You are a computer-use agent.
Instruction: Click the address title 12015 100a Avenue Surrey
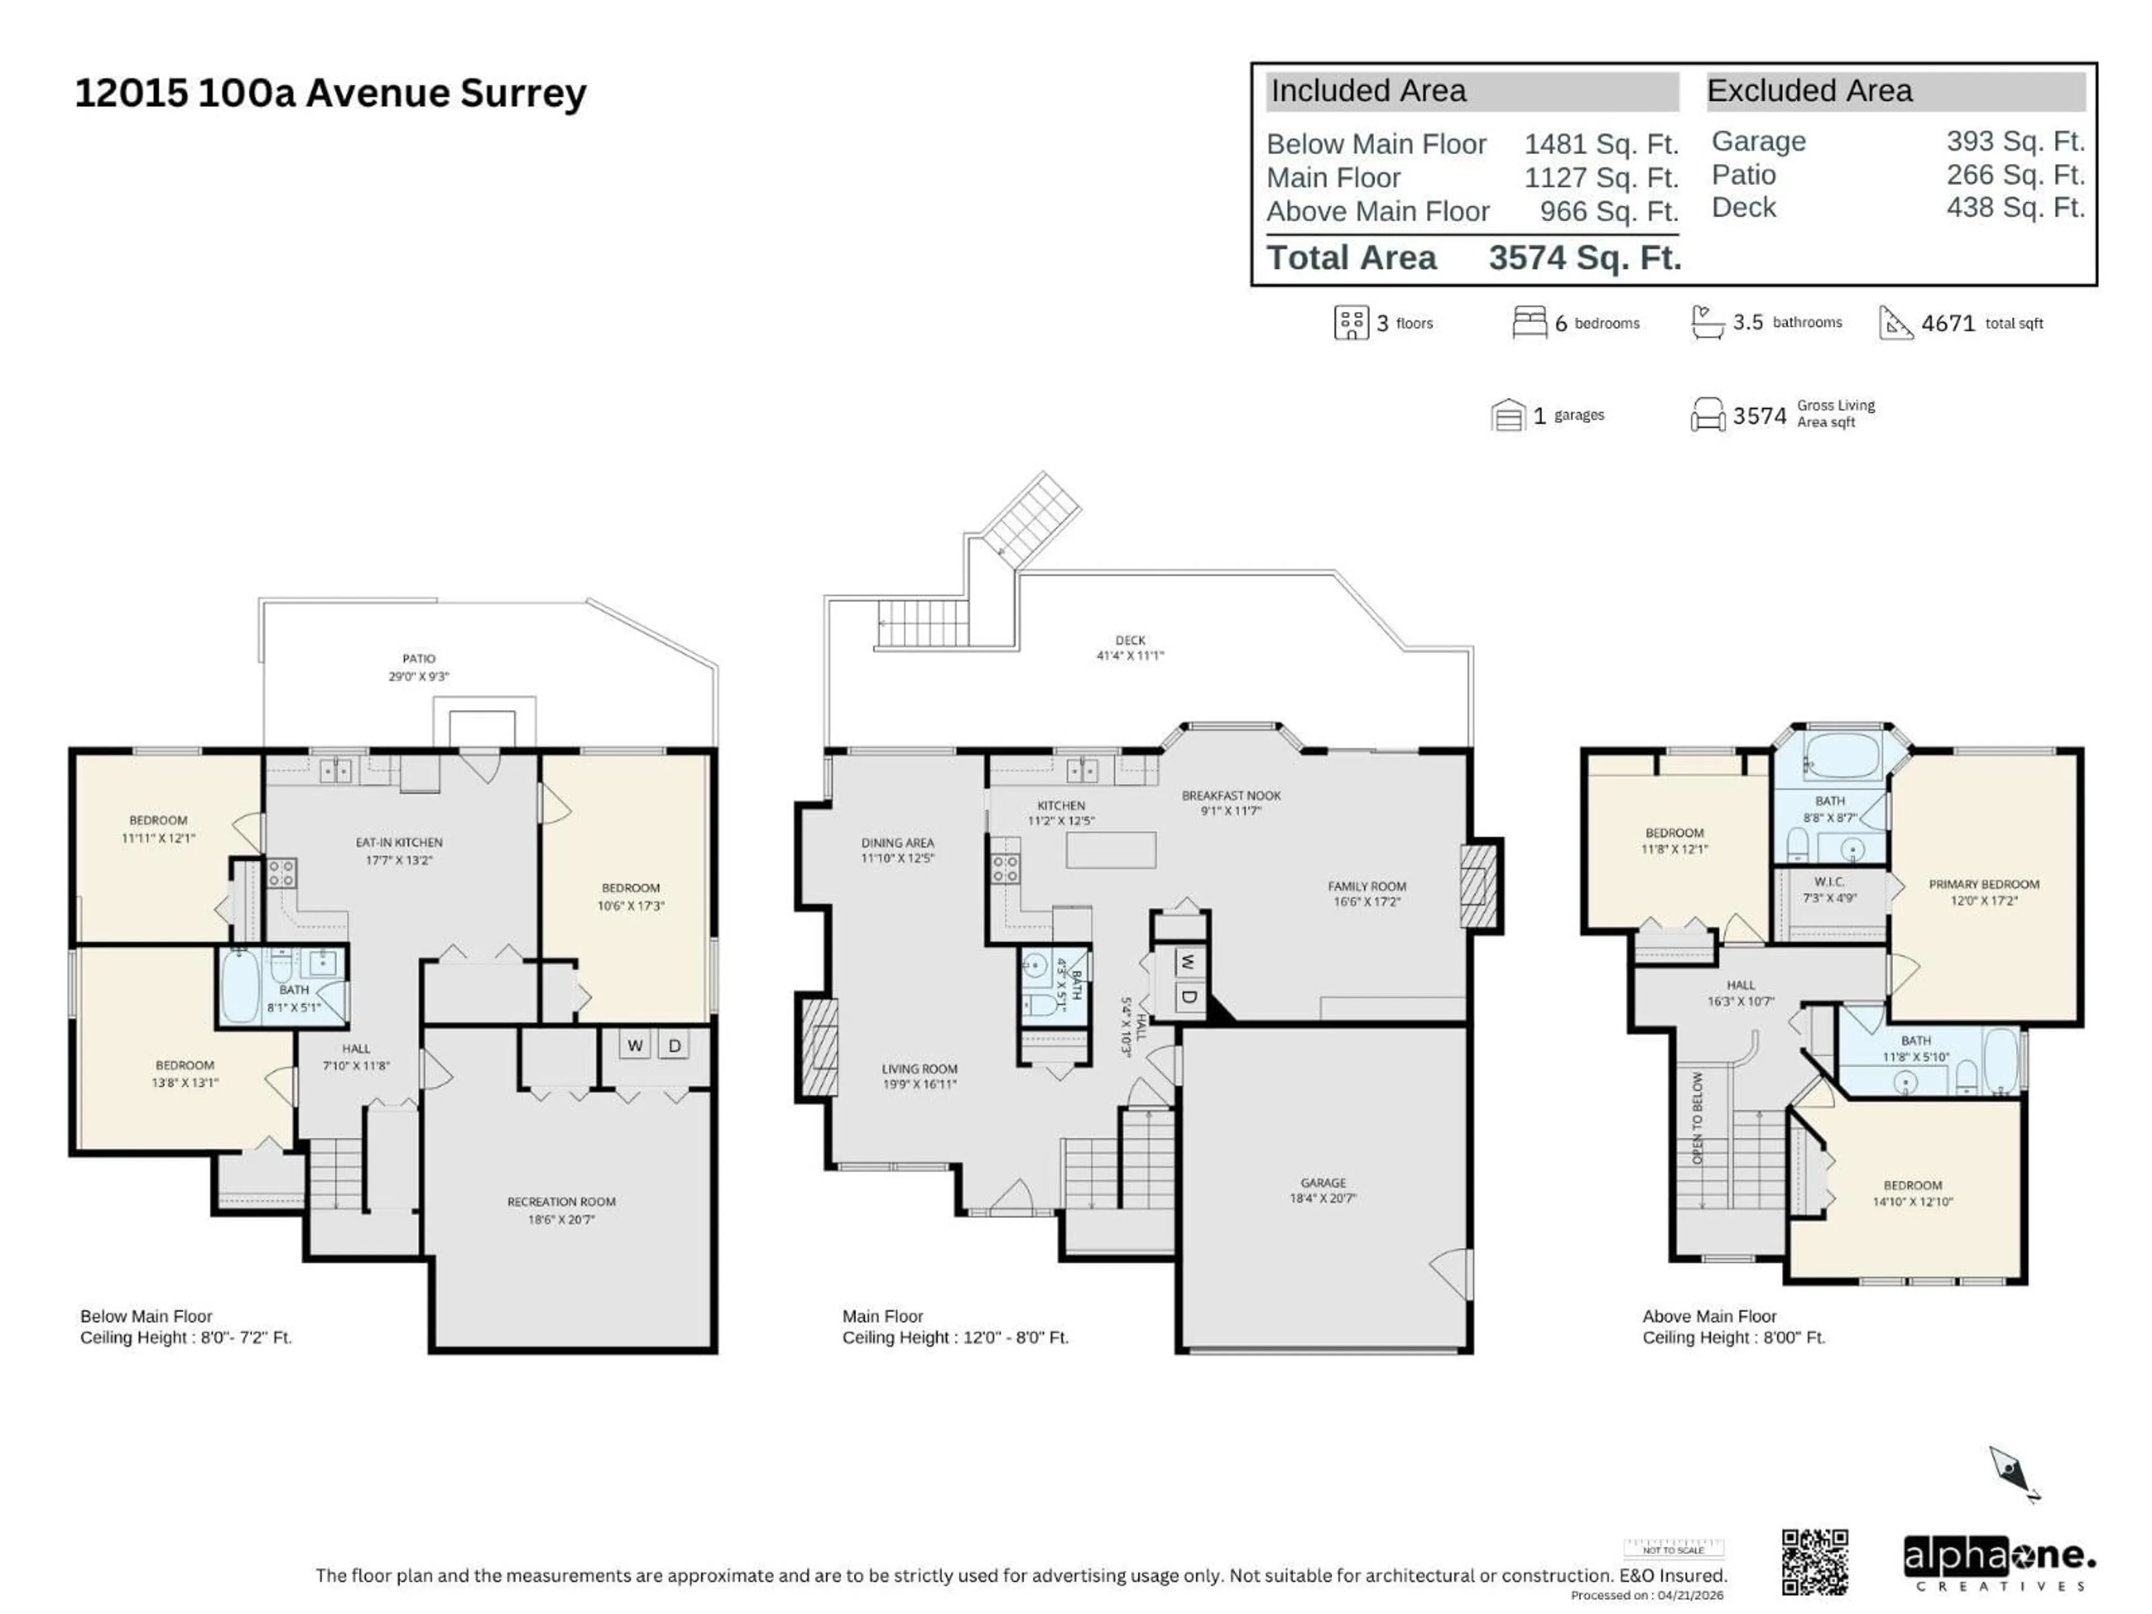coord(331,94)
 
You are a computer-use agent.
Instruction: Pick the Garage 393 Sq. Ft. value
coord(2015,141)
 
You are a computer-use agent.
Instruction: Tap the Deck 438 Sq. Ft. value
coord(2015,207)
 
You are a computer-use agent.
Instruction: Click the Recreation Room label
coord(562,1209)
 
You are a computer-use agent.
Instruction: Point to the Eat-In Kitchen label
coord(399,850)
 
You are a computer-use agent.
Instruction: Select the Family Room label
coord(1367,893)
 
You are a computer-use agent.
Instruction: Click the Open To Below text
coord(1698,1118)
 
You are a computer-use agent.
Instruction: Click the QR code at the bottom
coord(1815,1561)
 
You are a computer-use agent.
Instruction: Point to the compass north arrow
coord(2012,1472)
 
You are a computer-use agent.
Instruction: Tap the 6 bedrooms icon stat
coord(1576,323)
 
